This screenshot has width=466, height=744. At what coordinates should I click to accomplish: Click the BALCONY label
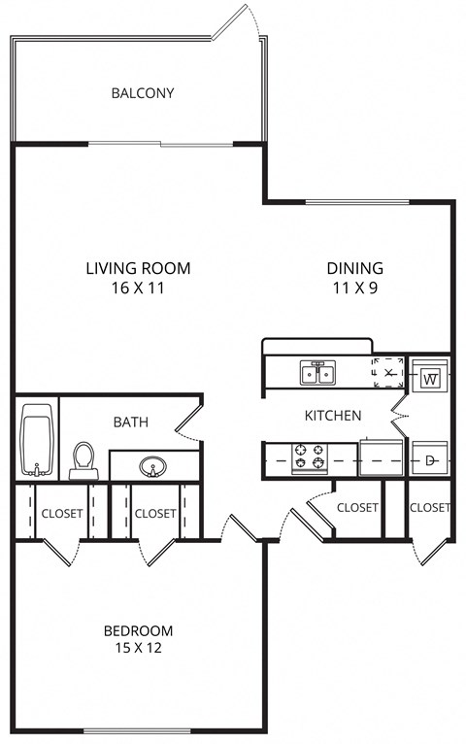(x=143, y=93)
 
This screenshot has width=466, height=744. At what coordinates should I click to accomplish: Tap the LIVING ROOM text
(x=138, y=268)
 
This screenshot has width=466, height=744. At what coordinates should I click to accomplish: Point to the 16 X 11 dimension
(x=138, y=288)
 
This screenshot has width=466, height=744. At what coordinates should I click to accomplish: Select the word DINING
(x=354, y=268)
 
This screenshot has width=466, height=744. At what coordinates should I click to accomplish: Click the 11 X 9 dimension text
(x=354, y=288)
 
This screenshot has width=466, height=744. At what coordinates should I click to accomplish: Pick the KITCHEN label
(x=333, y=416)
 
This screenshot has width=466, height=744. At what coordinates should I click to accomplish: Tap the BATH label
(x=130, y=422)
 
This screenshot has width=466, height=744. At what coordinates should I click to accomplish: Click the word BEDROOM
(x=138, y=630)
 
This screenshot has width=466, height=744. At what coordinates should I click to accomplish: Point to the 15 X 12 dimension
(x=138, y=650)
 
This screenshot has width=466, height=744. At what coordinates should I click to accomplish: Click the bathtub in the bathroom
(x=38, y=440)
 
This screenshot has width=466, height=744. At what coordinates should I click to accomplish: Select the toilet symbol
(x=84, y=460)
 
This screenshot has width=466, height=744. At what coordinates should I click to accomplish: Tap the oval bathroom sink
(x=152, y=466)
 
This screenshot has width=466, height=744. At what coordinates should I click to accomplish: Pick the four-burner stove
(x=309, y=456)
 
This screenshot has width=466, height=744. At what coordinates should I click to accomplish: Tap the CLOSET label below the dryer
(x=429, y=507)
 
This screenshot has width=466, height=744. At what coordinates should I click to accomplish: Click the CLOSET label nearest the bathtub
(x=61, y=513)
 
